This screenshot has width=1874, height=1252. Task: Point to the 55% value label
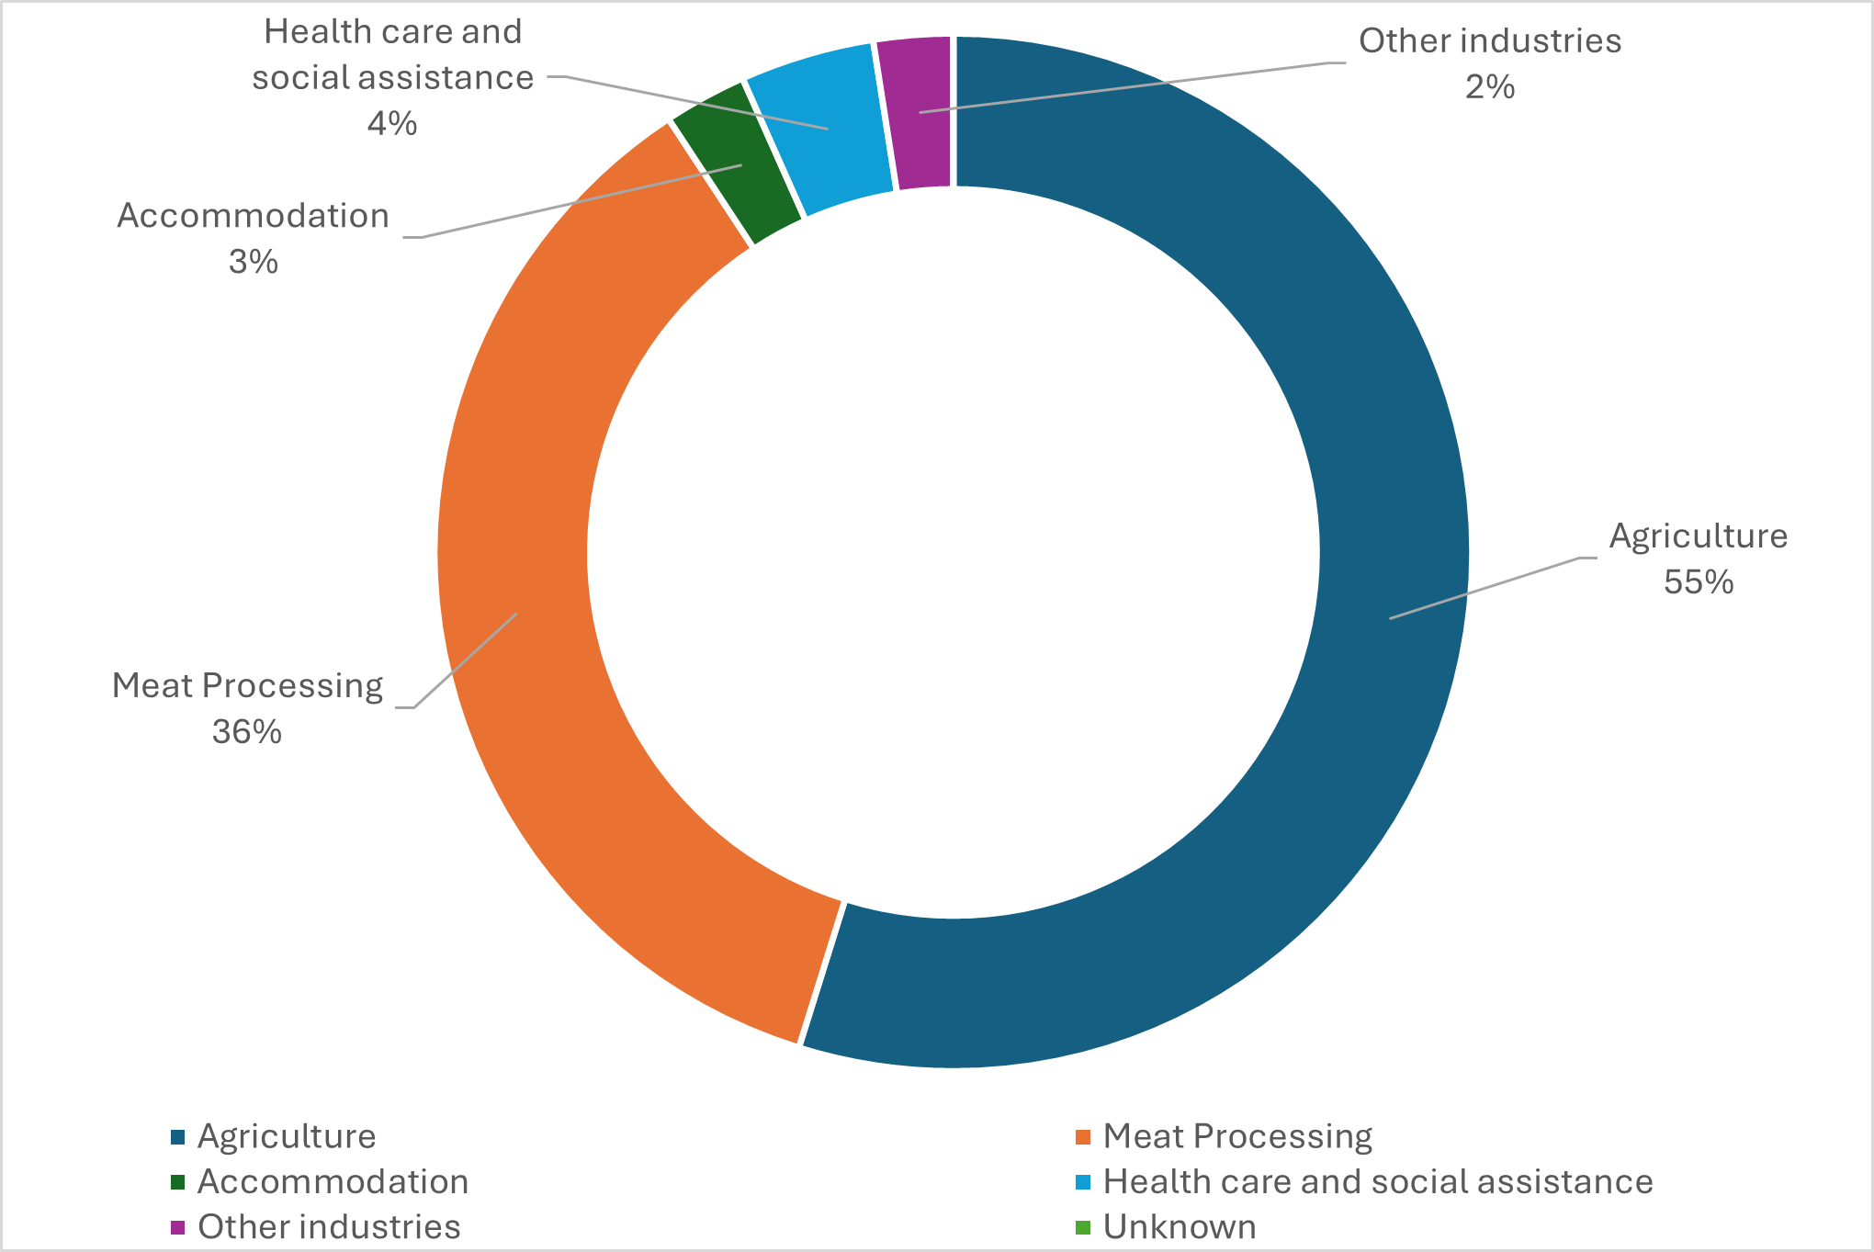(x=1698, y=582)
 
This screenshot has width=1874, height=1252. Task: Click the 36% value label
(x=246, y=732)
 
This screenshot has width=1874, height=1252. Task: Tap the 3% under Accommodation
(x=253, y=263)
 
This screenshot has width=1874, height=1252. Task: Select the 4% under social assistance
(x=392, y=123)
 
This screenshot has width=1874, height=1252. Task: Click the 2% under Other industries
(x=1489, y=87)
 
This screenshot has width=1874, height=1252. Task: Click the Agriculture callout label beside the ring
(x=1698, y=536)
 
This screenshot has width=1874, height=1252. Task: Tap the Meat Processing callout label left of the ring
(x=246, y=686)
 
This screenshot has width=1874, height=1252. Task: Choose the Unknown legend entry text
(x=1179, y=1227)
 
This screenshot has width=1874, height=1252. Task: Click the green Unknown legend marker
(x=1083, y=1227)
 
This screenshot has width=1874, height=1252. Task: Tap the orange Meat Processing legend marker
(x=1083, y=1137)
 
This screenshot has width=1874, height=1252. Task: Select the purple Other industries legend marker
(x=178, y=1227)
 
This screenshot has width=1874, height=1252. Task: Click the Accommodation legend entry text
(x=333, y=1182)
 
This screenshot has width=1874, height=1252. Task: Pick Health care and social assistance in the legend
(x=1377, y=1182)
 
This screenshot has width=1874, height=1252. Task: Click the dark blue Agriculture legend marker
(x=178, y=1137)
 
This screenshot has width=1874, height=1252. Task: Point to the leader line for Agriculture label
(x=1488, y=588)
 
